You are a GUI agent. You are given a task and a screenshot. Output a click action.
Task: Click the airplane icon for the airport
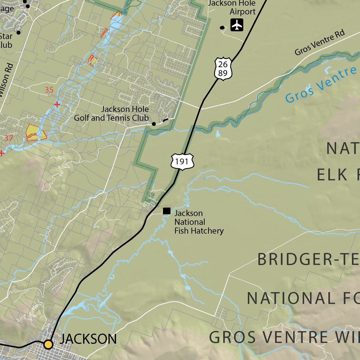[x=237, y=25]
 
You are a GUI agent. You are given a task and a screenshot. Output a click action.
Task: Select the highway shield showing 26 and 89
[x=223, y=69]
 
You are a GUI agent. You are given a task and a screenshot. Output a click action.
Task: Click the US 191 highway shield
[x=182, y=162]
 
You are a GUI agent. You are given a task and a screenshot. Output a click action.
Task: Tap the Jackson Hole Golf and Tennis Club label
[x=111, y=114]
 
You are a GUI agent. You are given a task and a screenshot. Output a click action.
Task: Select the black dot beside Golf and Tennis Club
[x=154, y=124]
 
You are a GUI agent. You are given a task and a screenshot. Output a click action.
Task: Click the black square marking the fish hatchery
[x=167, y=211]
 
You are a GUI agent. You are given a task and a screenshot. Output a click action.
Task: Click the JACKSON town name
[x=88, y=339]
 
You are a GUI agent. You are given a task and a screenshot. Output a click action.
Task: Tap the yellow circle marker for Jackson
[x=48, y=344]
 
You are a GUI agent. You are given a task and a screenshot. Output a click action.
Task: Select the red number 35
[x=49, y=90]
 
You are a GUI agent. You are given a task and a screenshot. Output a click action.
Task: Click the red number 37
[x=8, y=138]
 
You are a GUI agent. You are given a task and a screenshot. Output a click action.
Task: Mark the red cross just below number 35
[x=57, y=104]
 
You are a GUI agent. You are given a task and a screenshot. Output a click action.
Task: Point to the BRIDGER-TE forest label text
[x=308, y=259]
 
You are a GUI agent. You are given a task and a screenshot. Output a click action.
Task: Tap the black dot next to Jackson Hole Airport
[x=222, y=28]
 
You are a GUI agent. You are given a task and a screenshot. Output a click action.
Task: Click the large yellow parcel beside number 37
[x=32, y=132]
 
